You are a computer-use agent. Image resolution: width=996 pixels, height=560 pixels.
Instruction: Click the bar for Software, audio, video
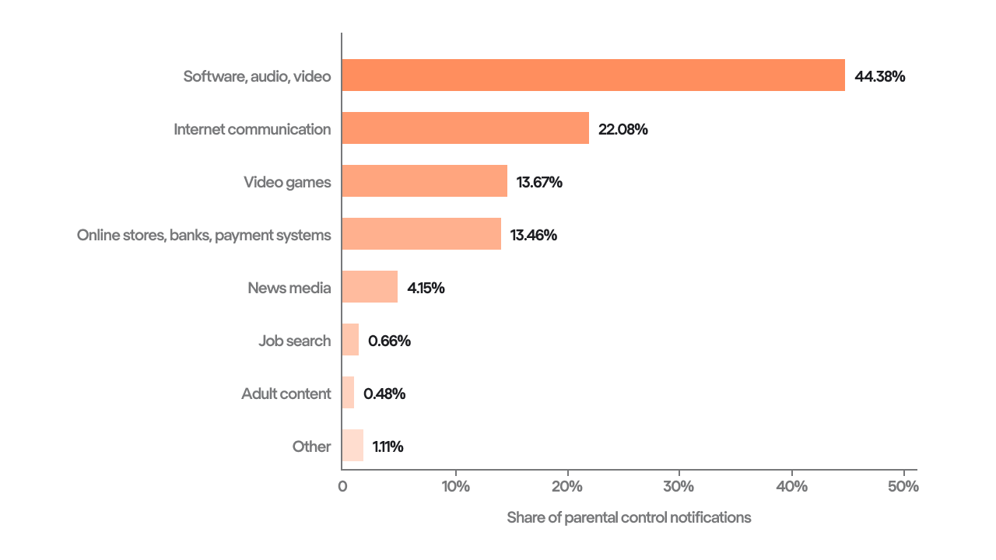593,75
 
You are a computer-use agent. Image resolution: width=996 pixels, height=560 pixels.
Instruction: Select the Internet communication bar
465,128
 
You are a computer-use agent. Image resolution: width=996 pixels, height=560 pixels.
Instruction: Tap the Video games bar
424,181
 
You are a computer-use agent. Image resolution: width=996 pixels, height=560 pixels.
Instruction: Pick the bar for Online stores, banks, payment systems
421,234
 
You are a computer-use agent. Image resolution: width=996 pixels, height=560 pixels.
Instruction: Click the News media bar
370,287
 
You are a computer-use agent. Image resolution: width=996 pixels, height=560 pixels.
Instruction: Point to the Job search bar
350,340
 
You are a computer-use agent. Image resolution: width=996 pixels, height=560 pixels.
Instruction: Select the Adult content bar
348,393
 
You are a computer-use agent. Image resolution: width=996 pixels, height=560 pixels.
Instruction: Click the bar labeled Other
352,446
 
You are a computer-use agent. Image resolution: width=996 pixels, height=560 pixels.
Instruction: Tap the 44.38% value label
880,76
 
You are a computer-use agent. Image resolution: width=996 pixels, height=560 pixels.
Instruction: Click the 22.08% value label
622,129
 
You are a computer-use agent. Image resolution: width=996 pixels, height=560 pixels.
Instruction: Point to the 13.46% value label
534,235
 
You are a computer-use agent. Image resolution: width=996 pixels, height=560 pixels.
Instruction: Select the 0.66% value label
389,341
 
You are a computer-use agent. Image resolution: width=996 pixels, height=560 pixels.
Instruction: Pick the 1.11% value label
388,446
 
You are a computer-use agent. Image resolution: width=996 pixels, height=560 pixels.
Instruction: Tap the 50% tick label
903,487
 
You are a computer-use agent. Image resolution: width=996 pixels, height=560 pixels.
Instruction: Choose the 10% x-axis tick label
455,487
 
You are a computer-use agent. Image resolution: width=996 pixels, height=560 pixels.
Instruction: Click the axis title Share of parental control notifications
629,517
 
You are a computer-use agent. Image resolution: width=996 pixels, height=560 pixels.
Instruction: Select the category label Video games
287,182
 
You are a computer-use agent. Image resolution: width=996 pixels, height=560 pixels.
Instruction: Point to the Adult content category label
286,394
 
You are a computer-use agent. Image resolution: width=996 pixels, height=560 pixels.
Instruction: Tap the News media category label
289,288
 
